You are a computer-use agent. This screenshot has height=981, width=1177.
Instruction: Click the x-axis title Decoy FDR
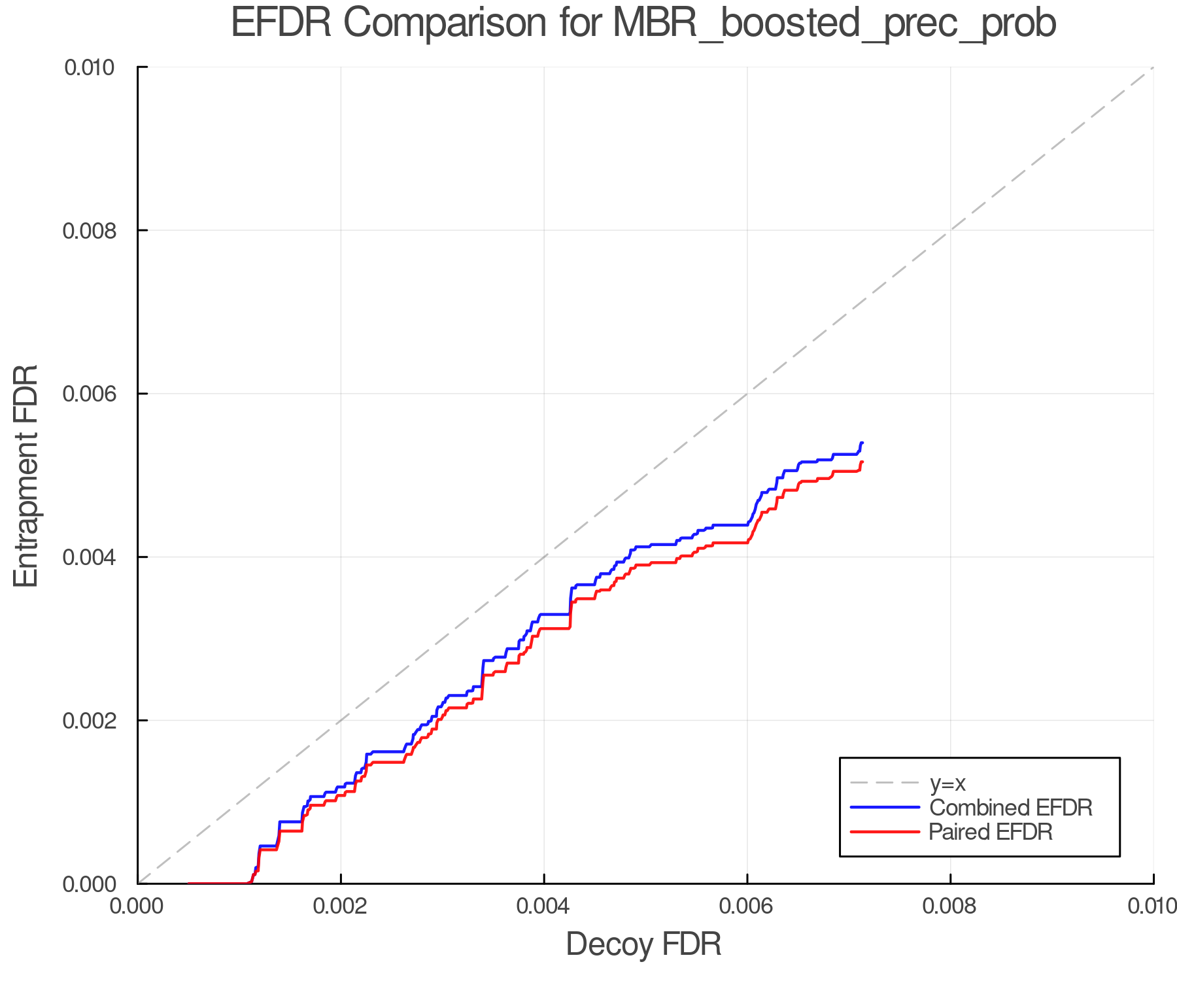(x=643, y=944)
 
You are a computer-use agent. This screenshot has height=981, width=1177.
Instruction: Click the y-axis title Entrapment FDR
(x=27, y=475)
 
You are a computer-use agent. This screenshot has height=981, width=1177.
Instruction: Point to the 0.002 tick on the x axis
(x=341, y=906)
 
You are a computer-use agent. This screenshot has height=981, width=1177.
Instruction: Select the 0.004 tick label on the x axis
(x=544, y=906)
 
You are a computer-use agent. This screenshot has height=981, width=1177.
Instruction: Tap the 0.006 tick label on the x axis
(x=747, y=906)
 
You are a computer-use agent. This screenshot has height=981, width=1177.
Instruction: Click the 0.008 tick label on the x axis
(x=950, y=906)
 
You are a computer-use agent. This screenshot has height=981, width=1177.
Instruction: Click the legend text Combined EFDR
(x=1010, y=808)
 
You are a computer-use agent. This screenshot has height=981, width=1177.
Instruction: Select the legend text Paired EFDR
(x=990, y=832)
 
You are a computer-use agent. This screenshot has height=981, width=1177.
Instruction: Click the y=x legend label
(x=947, y=783)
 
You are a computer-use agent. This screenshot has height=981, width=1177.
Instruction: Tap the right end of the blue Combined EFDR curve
(x=862, y=443)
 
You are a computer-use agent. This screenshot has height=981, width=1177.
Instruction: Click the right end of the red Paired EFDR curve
(x=862, y=462)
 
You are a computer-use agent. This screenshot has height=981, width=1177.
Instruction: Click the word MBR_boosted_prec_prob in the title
(x=834, y=24)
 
